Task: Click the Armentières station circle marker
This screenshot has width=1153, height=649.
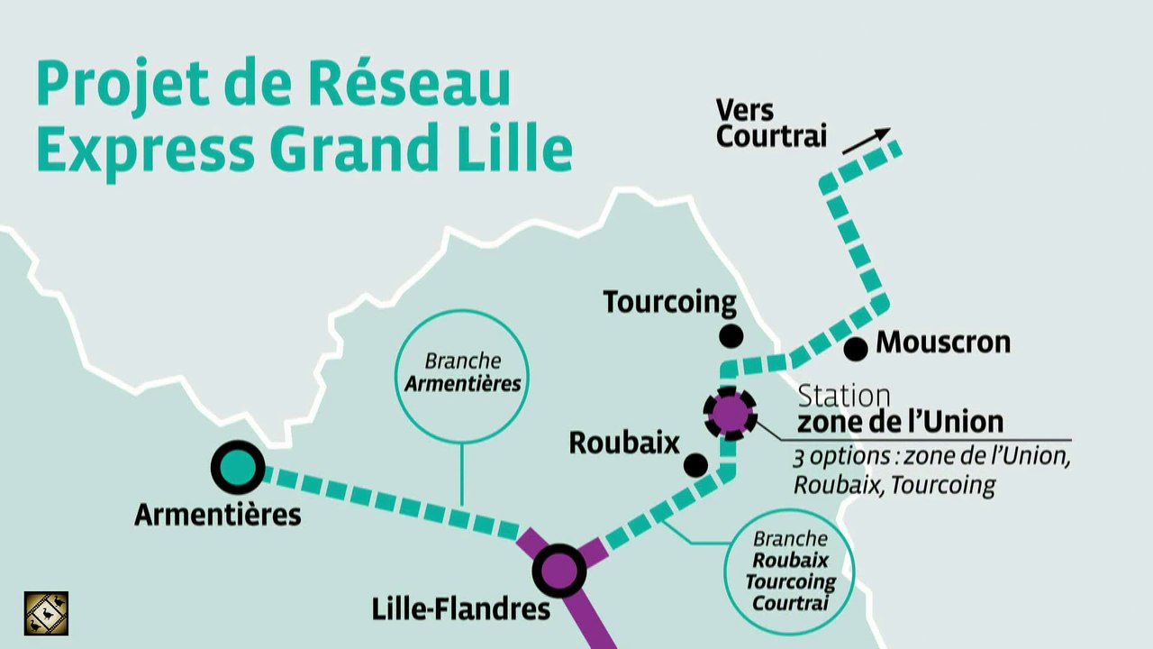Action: [x=237, y=467]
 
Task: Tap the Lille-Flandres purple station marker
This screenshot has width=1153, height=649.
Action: [x=559, y=570]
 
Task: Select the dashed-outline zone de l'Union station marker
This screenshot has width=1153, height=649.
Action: [x=730, y=414]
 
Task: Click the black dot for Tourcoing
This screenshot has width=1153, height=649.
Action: [x=731, y=337]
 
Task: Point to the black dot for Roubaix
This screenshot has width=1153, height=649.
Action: [x=695, y=465]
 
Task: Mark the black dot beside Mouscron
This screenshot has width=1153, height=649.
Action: [x=856, y=348]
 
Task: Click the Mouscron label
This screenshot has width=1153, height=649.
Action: [x=943, y=343]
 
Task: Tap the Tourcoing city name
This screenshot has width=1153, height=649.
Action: [x=669, y=302]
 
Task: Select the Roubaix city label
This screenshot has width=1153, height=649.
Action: [x=623, y=443]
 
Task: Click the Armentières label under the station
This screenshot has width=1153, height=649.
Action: [x=217, y=515]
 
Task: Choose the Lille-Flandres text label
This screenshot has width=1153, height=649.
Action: [x=460, y=609]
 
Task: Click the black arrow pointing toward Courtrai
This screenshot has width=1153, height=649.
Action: [x=866, y=141]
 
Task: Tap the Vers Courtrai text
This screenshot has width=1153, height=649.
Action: [x=770, y=123]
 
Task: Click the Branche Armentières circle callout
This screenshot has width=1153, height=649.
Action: [x=462, y=372]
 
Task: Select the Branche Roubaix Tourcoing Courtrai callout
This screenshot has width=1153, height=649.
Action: [x=789, y=571]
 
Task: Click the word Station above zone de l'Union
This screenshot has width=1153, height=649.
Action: [x=843, y=396]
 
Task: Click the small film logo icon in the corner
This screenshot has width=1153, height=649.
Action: [x=46, y=613]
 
